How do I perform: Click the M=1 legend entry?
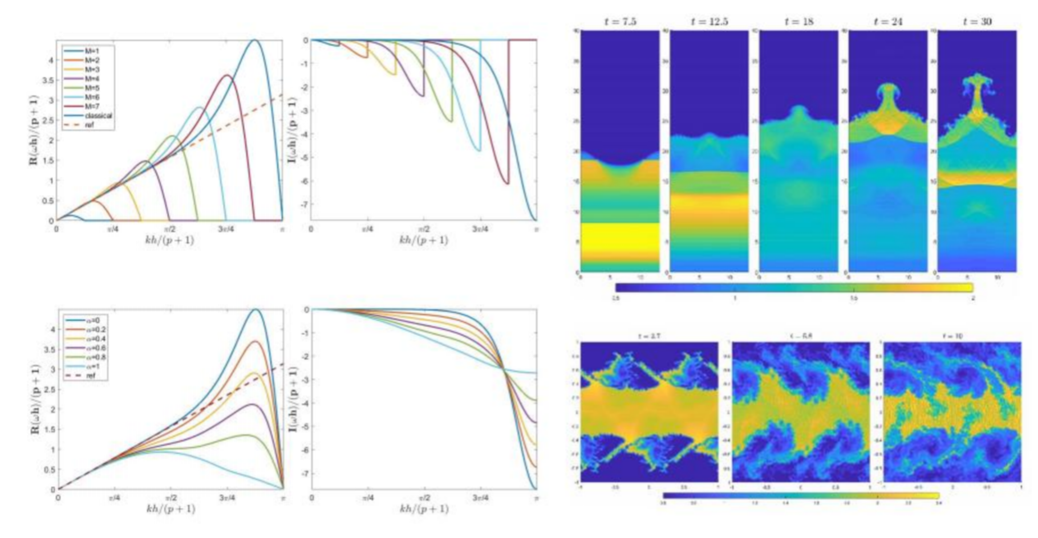(x=92, y=51)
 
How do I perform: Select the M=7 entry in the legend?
(x=92, y=106)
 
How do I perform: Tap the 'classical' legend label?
(x=98, y=115)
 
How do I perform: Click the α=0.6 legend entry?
(x=95, y=348)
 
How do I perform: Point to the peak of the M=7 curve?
(x=228, y=75)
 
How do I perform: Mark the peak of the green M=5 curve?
(x=172, y=136)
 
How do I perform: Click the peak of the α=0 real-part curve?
(x=256, y=309)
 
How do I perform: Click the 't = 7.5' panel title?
(x=620, y=22)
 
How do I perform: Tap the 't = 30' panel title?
(x=977, y=22)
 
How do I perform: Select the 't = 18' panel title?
(x=798, y=22)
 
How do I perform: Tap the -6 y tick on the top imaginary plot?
(x=305, y=181)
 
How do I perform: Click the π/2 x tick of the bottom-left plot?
(x=171, y=498)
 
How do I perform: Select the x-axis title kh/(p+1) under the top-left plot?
(x=169, y=240)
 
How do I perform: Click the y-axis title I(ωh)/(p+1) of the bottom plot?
(x=292, y=398)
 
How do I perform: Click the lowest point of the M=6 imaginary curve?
(x=479, y=150)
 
